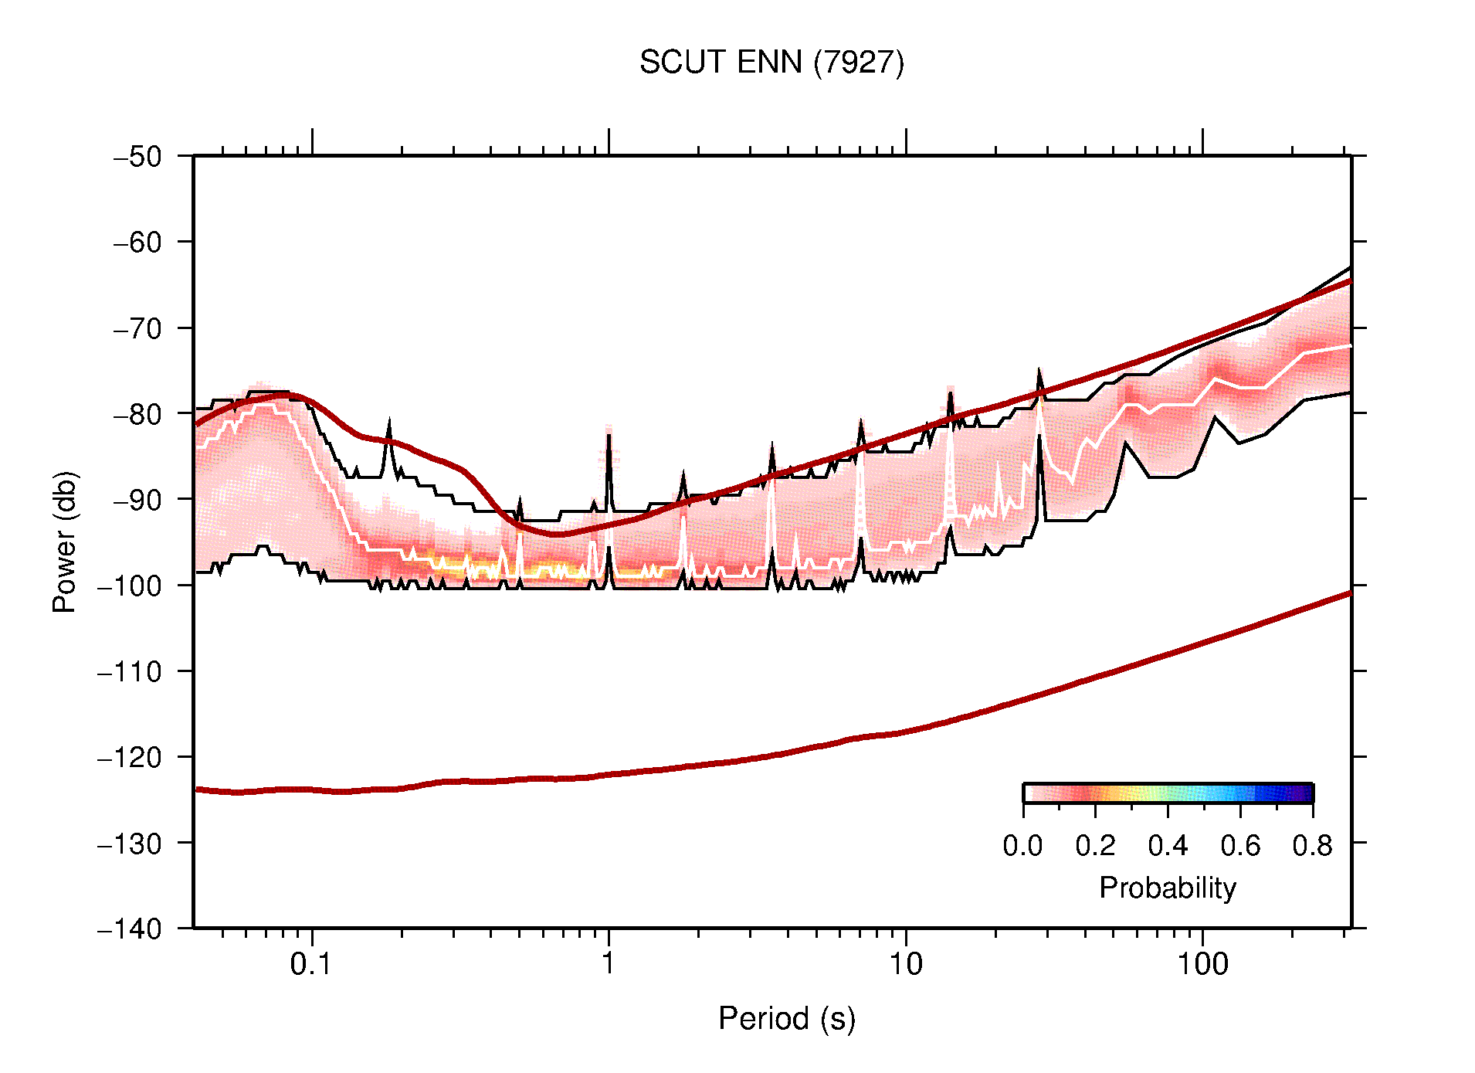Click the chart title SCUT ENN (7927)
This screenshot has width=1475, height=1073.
[x=771, y=63]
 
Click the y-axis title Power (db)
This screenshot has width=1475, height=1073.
[x=65, y=542]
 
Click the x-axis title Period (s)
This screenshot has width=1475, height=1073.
[x=786, y=1018]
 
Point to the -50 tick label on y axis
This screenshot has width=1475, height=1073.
[x=138, y=157]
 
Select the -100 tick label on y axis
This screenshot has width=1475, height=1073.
[x=131, y=586]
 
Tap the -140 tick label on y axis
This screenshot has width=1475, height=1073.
[x=131, y=928]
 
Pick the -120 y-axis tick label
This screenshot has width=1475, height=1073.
[x=131, y=757]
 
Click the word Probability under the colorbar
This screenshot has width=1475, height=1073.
[x=1167, y=888]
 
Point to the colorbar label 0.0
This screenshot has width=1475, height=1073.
[x=1022, y=846]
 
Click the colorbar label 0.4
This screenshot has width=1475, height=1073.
[x=1168, y=846]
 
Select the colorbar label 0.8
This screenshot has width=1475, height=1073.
[x=1312, y=846]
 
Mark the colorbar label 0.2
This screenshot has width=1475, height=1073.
[x=1095, y=846]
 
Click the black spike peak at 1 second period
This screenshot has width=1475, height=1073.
[x=609, y=435]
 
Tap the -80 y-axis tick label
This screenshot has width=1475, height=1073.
[x=138, y=414]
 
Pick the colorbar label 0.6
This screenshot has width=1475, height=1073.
[x=1240, y=846]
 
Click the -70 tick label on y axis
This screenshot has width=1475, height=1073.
[x=138, y=328]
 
